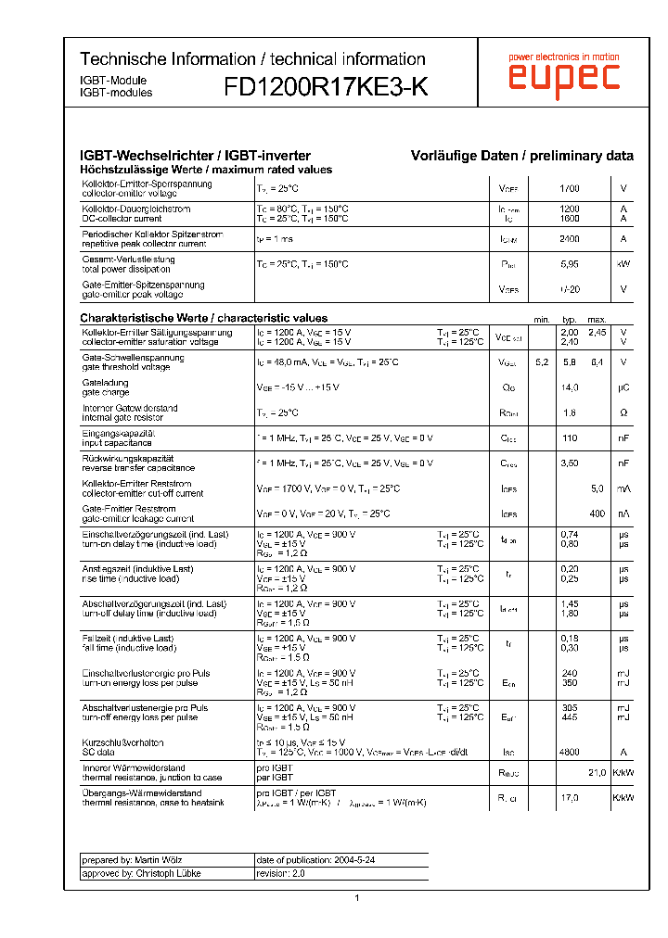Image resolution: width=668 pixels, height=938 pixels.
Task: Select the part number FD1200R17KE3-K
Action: pos(326,87)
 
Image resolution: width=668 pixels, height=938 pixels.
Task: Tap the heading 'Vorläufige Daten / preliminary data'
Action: pos(522,157)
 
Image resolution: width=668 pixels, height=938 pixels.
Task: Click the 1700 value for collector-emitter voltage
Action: pos(570,188)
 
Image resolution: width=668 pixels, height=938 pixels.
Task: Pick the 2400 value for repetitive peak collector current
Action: pos(570,239)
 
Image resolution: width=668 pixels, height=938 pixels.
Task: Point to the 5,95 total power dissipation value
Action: pos(570,264)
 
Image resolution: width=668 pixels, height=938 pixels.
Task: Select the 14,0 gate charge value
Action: pos(570,387)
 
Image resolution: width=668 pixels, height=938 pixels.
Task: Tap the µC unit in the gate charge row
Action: pos(623,387)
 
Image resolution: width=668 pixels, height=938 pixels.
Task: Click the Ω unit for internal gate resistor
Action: pos(623,412)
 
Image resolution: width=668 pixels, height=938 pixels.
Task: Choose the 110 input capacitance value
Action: pos(570,438)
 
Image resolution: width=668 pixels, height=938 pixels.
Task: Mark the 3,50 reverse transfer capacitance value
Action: pos(570,463)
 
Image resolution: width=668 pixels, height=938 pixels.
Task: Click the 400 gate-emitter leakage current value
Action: pos(597,513)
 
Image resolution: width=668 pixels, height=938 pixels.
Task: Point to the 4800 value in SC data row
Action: pos(570,753)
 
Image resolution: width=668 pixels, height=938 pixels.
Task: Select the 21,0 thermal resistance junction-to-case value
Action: pos(597,773)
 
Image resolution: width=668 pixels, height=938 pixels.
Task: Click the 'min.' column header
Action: pos(542,320)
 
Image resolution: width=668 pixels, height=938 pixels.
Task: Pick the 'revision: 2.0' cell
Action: pos(280,873)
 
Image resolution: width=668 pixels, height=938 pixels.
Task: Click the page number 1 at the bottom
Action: pos(356,898)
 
